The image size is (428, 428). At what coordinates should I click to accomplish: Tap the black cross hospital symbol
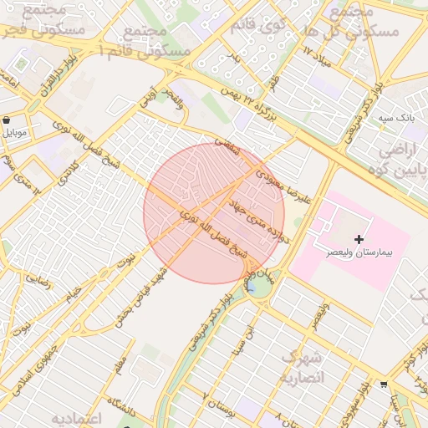click(359, 240)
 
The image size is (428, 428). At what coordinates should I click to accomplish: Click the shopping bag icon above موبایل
click(7, 120)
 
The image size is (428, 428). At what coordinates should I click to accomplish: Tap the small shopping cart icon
click(383, 385)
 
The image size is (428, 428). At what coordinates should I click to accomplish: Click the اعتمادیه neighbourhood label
click(75, 417)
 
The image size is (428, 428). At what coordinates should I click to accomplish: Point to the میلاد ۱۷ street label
click(318, 59)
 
